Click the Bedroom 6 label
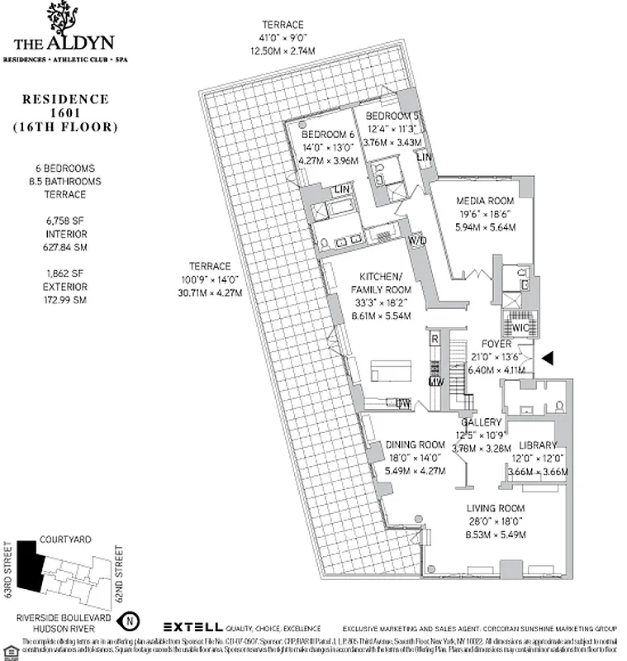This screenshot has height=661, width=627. pos(327,135)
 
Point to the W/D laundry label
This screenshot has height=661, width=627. pos(418,240)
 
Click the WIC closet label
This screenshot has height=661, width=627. pos(520,327)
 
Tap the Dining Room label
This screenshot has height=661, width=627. pos(416,445)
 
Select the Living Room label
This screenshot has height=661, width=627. pos(496,508)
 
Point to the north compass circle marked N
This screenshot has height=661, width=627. pos(128,618)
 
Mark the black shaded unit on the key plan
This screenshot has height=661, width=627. pos(31,566)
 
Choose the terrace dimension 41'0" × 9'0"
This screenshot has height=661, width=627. pos(283,37)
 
